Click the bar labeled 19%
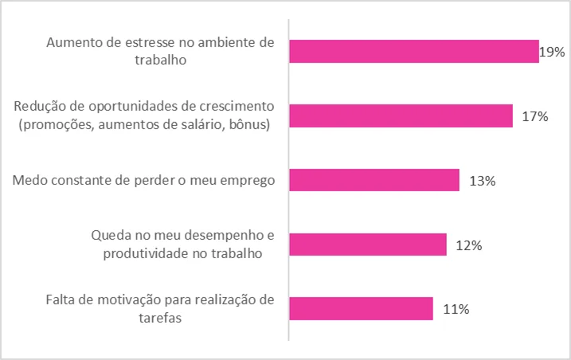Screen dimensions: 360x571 (x=413, y=52)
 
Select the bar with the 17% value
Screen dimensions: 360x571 (x=401, y=116)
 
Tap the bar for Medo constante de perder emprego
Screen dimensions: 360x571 (x=373, y=180)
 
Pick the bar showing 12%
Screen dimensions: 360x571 (x=367, y=245)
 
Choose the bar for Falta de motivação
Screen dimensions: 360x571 (x=361, y=308)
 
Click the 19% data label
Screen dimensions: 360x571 (x=552, y=53)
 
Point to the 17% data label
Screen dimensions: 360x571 (x=535, y=117)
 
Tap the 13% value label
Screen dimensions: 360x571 (x=483, y=181)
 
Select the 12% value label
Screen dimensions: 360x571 (x=469, y=245)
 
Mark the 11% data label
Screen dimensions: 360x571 (x=455, y=309)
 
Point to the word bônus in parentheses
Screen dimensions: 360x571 (x=248, y=123)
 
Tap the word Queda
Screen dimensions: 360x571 (x=111, y=237)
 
